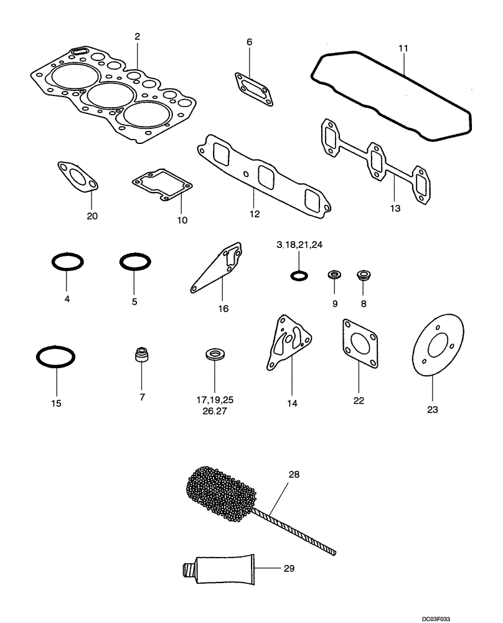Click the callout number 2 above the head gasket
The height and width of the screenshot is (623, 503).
(x=137, y=37)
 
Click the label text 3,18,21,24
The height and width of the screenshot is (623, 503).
(x=301, y=245)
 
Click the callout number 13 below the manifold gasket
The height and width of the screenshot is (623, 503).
(x=395, y=208)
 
